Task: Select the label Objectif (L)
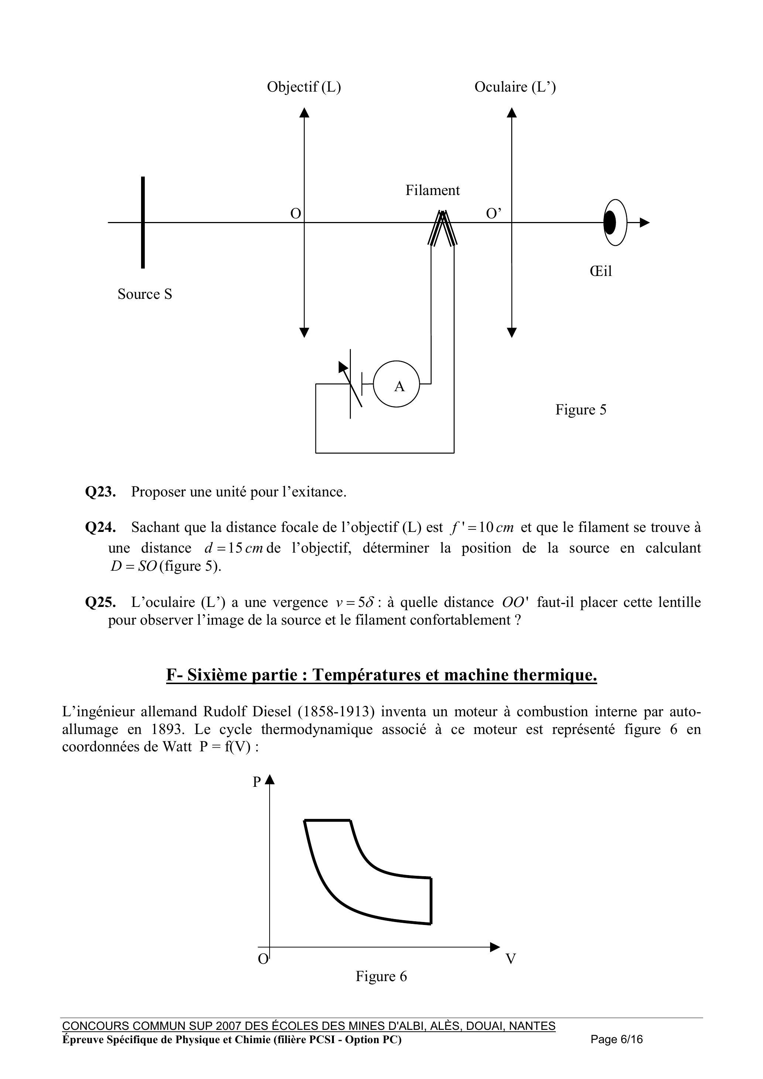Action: click(x=304, y=87)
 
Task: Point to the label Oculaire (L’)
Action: click(x=515, y=87)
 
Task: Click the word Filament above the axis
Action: click(x=432, y=190)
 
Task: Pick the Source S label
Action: click(x=145, y=294)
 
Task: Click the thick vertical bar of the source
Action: click(x=143, y=222)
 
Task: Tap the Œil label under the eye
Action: click(x=601, y=271)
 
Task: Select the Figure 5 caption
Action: click(x=581, y=409)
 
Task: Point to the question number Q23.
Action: click(x=100, y=492)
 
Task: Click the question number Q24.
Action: click(x=100, y=527)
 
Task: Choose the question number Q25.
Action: click(x=100, y=602)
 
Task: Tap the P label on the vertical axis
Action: click(x=257, y=782)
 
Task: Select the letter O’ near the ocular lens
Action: click(x=493, y=214)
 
